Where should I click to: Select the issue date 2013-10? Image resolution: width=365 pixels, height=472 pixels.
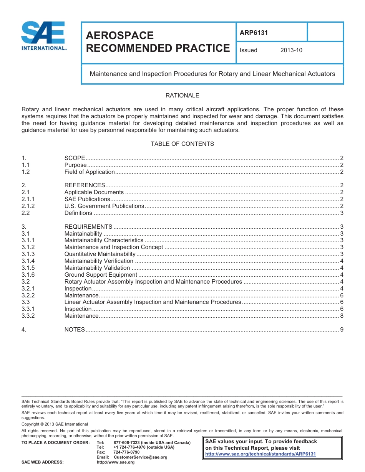tap(291, 50)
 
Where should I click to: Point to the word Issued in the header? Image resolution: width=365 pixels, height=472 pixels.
tap(249, 50)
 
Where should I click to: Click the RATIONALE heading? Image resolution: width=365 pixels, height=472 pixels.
tap(182, 96)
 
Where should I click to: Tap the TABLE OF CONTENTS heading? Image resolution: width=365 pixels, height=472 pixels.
tap(182, 144)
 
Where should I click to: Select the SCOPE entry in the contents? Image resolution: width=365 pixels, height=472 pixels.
tap(75, 158)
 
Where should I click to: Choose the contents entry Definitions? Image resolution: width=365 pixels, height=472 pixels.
tap(78, 213)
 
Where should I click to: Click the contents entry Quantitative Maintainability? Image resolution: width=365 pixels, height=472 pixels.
tap(100, 254)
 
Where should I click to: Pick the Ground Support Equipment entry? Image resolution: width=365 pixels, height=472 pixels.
tap(101, 275)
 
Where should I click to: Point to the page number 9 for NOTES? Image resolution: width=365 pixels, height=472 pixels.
tap(342, 330)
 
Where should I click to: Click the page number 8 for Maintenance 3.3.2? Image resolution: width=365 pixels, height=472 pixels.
tap(342, 316)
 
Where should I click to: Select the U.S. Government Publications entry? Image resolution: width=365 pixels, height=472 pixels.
tap(104, 206)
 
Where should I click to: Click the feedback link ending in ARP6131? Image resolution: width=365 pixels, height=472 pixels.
tap(260, 454)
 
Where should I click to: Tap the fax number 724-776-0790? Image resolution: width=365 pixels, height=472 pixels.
tap(126, 452)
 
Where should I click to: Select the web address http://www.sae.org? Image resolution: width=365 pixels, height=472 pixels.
tap(116, 462)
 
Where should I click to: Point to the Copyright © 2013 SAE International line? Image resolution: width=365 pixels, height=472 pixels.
tap(55, 424)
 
